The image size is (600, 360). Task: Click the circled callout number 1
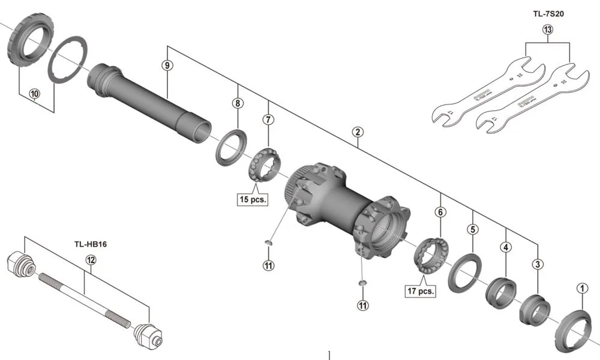click(x=580, y=289)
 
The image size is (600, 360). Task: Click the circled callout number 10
click(x=34, y=94)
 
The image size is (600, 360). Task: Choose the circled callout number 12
click(x=91, y=260)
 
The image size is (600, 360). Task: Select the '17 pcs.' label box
click(x=419, y=291)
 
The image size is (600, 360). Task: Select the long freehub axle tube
click(x=150, y=99)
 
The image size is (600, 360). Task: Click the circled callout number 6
click(x=440, y=212)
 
